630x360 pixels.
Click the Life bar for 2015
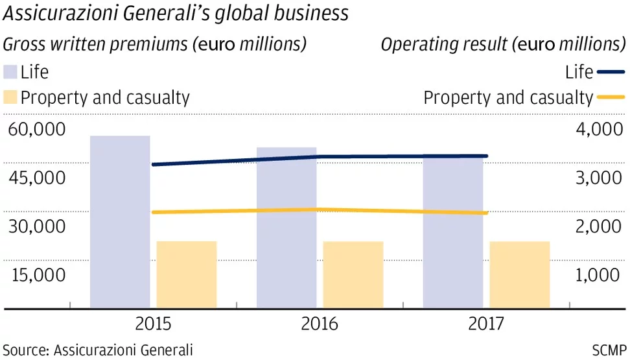(120, 221)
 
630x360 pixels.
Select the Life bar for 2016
(286, 227)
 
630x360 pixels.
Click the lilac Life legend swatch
(10, 71)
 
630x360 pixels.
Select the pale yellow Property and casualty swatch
(10, 98)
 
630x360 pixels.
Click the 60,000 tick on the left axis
(37, 129)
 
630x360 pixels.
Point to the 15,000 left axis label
(37, 275)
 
